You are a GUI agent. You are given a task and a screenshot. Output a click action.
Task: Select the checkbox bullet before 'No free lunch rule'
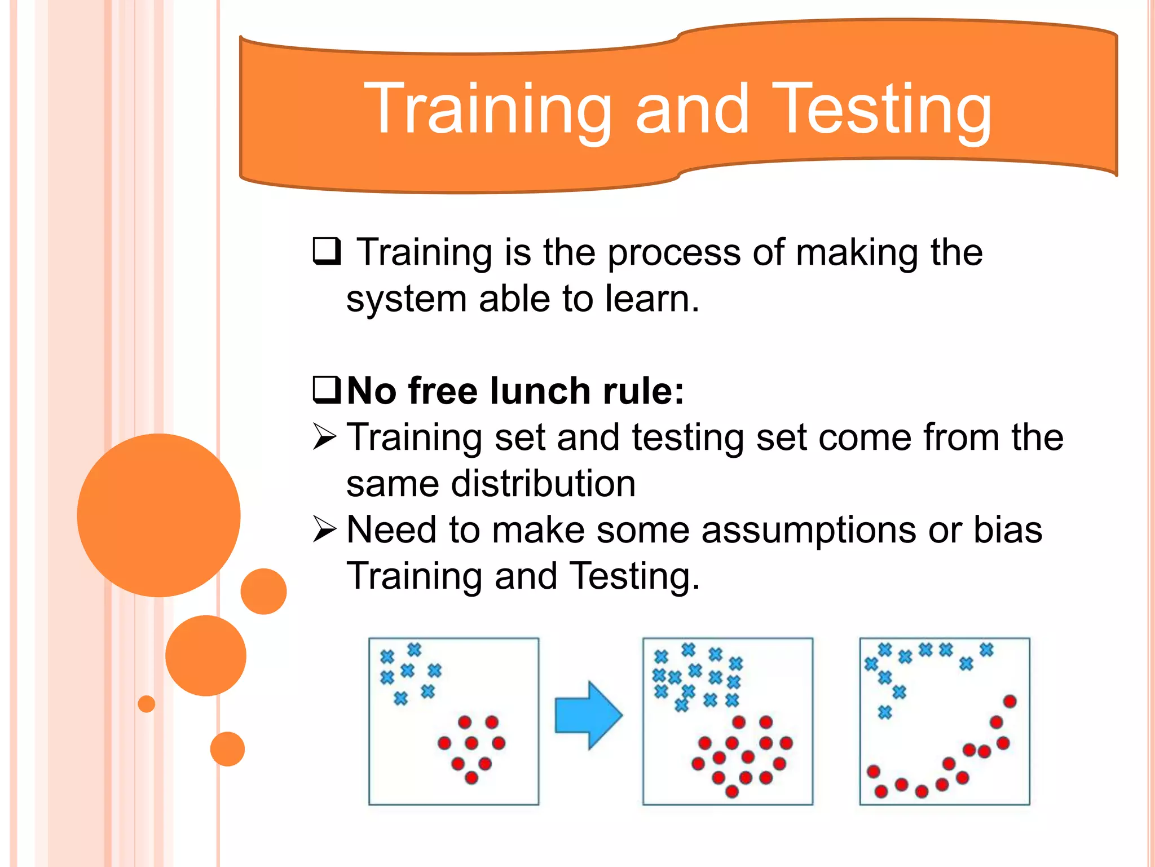tap(327, 389)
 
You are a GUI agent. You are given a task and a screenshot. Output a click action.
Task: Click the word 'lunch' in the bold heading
tap(540, 391)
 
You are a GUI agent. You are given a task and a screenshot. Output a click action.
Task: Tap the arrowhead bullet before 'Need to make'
tap(325, 529)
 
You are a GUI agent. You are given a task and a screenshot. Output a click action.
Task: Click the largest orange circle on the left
tap(158, 515)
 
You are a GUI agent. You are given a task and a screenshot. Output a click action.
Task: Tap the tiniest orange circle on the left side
tap(147, 704)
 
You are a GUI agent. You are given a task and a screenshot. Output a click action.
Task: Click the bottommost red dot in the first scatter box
tap(471, 778)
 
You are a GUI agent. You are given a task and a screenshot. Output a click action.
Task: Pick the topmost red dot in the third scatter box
tap(1009, 702)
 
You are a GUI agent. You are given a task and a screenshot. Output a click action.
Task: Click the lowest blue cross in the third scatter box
tap(885, 712)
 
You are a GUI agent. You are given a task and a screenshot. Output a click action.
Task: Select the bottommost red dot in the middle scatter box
tap(732, 791)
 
